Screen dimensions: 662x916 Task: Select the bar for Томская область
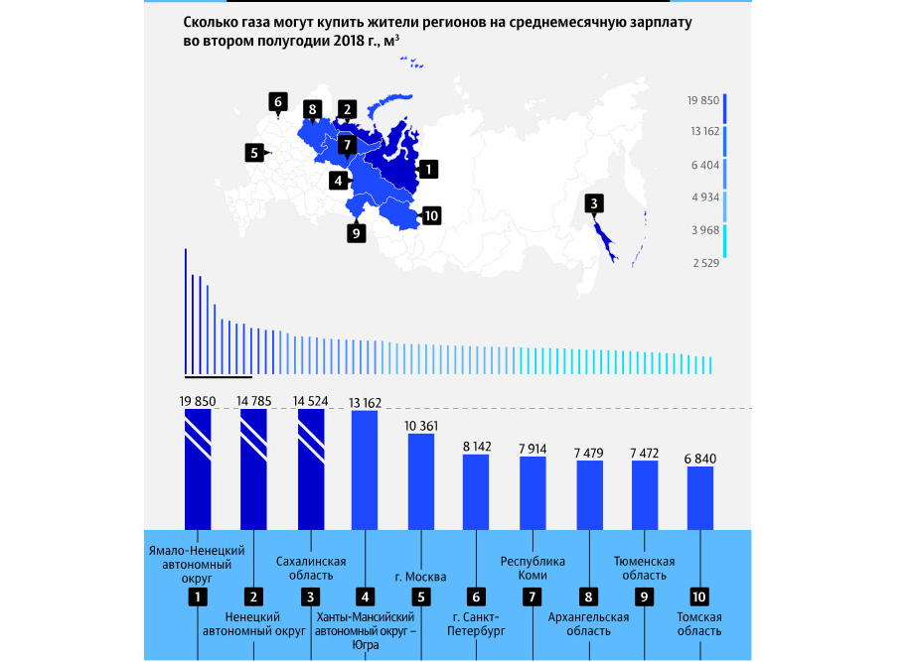pyautogui.click(x=700, y=497)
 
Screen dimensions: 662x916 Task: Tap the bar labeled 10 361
pyautogui.click(x=421, y=481)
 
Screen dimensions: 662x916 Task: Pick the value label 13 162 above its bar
pyautogui.click(x=366, y=402)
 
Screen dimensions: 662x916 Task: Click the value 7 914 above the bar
pyautogui.click(x=533, y=449)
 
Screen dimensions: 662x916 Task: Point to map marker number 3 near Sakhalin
pyautogui.click(x=593, y=204)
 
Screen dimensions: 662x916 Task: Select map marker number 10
pyautogui.click(x=431, y=215)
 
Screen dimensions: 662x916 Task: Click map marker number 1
pyautogui.click(x=427, y=169)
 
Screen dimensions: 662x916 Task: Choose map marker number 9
pyautogui.click(x=357, y=233)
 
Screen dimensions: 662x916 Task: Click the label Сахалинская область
pyautogui.click(x=311, y=568)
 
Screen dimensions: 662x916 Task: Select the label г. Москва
pyautogui.click(x=420, y=577)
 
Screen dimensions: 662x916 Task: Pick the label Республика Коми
pyautogui.click(x=534, y=568)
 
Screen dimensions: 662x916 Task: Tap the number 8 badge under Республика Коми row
pyautogui.click(x=589, y=596)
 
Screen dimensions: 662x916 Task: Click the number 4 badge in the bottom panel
pyautogui.click(x=366, y=596)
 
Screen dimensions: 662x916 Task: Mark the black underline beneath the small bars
pyautogui.click(x=219, y=377)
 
